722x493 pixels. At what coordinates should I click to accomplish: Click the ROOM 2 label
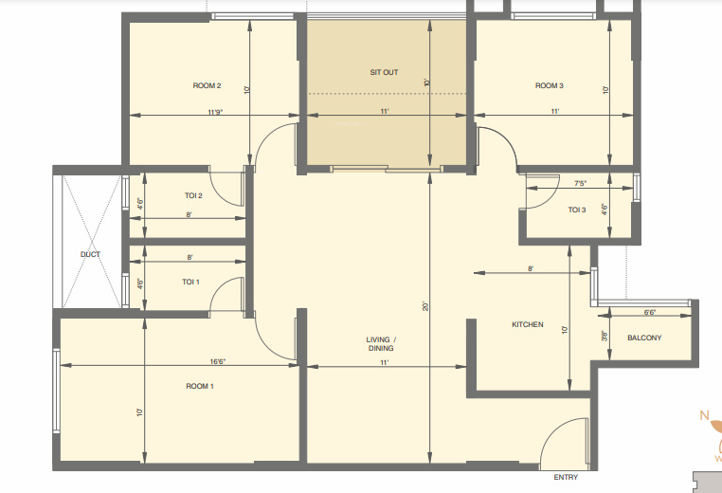tap(207, 86)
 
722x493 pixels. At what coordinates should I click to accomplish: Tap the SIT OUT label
tap(385, 72)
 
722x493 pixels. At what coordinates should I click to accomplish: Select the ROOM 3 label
tap(550, 86)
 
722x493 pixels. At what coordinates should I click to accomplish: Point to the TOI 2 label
tap(194, 196)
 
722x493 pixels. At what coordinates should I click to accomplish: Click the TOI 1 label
tap(190, 282)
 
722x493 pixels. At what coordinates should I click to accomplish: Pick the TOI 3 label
tap(577, 210)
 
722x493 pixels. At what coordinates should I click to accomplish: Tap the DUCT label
tap(90, 254)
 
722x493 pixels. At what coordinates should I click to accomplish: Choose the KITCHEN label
tap(528, 325)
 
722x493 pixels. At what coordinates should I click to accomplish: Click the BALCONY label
tap(644, 338)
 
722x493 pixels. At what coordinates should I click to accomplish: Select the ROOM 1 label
tap(200, 386)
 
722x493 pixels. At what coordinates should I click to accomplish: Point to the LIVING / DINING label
tap(382, 343)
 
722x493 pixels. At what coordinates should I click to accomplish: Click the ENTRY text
tap(566, 478)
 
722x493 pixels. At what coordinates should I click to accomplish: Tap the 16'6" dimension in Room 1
tap(217, 361)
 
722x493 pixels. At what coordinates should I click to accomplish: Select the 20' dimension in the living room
tap(426, 306)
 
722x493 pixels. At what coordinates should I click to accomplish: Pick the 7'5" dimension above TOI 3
tap(580, 183)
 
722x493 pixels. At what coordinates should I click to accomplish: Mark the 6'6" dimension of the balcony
tap(650, 312)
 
